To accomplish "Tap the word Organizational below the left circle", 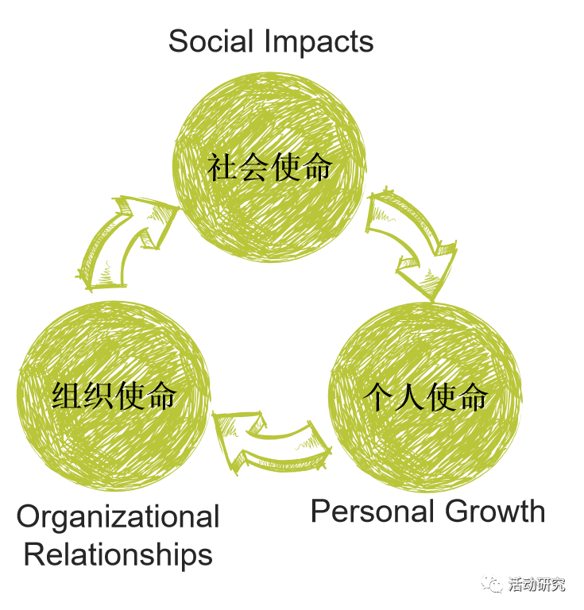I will pyautogui.click(x=118, y=517).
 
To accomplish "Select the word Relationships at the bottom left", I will pyautogui.click(x=118, y=554).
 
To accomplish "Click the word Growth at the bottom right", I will pyautogui.click(x=495, y=511).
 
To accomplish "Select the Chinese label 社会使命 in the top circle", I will pyautogui.click(x=269, y=168).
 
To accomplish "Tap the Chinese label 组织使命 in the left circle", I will pyautogui.click(x=114, y=395).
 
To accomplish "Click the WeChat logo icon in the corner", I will pyautogui.click(x=493, y=585).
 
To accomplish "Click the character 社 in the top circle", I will pyautogui.click(x=223, y=168).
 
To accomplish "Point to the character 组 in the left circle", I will pyautogui.click(x=68, y=395).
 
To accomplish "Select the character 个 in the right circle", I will pyautogui.click(x=380, y=396).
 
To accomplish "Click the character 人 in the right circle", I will pyautogui.click(x=411, y=396).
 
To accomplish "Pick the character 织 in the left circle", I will pyautogui.click(x=99, y=395).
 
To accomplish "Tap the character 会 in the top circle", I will pyautogui.click(x=254, y=168).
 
